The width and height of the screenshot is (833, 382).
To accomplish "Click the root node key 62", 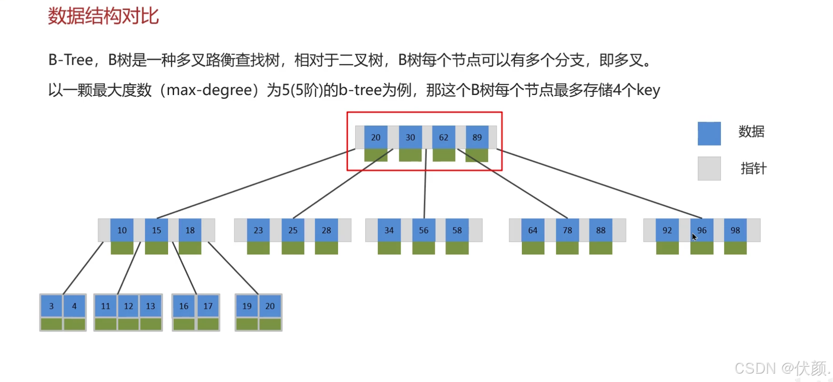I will (x=444, y=137).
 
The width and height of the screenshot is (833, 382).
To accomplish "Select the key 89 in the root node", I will (x=477, y=137).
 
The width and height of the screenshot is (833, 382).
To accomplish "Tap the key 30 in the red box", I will (x=410, y=137).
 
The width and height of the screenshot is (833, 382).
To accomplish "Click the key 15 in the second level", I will (x=157, y=230).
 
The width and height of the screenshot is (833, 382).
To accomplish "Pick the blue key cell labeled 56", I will (x=424, y=230).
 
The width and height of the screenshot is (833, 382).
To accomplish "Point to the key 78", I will (x=567, y=230).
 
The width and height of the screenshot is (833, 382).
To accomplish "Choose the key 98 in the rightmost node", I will (x=735, y=230).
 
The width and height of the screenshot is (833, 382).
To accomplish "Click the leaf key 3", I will (x=51, y=306).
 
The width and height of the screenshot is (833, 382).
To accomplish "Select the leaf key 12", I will (x=128, y=306).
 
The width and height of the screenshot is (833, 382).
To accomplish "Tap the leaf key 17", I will (x=208, y=306).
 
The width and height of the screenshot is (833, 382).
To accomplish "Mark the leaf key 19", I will (x=247, y=306).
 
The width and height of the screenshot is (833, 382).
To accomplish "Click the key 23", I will (x=258, y=230).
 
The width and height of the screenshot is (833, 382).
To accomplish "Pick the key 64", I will (x=533, y=230).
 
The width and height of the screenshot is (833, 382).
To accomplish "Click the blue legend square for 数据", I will (x=709, y=134).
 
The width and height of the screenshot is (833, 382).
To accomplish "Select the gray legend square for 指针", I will (x=709, y=168).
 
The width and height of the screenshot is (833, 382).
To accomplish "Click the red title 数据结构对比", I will (x=103, y=16).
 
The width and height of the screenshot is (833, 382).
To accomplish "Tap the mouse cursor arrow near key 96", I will (x=694, y=237).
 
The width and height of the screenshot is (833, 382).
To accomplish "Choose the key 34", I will (x=389, y=230).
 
